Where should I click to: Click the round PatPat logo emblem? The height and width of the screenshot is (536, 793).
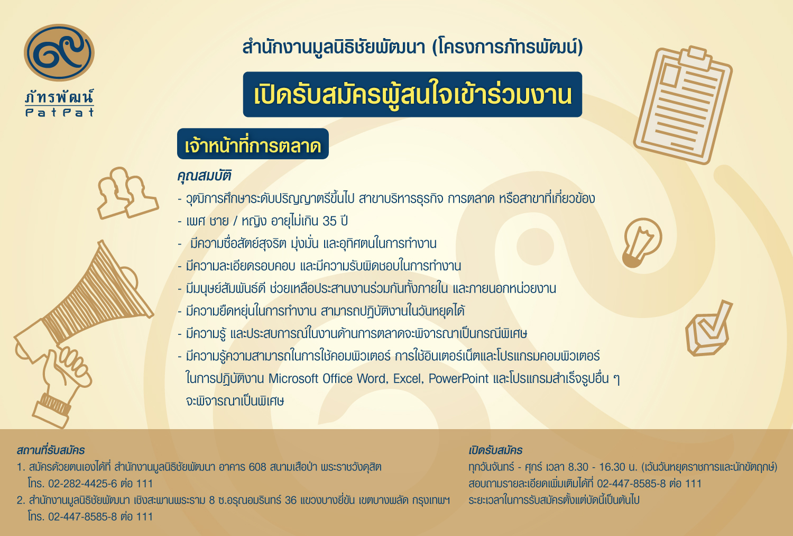[x=59, y=52]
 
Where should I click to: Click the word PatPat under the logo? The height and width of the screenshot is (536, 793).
[x=59, y=112]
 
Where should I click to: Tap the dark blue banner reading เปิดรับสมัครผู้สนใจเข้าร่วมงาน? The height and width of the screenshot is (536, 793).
[x=412, y=94]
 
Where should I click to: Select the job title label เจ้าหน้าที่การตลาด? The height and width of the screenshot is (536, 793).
[x=253, y=144]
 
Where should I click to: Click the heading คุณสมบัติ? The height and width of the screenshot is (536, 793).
[x=204, y=176]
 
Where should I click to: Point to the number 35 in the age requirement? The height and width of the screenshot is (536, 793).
[x=329, y=221]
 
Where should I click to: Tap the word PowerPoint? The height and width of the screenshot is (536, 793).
[x=458, y=378]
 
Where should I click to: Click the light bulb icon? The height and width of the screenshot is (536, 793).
[x=641, y=242]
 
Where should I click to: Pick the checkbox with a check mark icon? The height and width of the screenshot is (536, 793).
[x=708, y=329]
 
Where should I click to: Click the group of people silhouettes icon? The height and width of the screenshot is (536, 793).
[x=127, y=193]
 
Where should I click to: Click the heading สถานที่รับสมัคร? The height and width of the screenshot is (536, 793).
[x=51, y=450]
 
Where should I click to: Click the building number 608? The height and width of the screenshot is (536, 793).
[x=257, y=467]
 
